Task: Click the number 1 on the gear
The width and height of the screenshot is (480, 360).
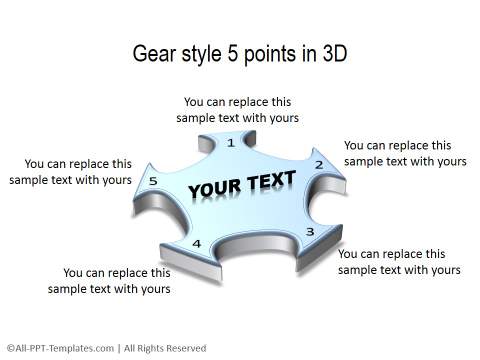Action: (x=231, y=143)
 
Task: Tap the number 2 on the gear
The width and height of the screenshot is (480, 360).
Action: (x=319, y=164)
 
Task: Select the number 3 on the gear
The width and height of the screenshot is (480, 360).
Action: (x=310, y=232)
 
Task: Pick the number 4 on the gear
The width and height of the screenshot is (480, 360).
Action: (x=196, y=244)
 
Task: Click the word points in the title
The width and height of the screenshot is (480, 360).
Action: (x=272, y=55)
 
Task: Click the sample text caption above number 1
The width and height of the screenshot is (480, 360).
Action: (x=238, y=110)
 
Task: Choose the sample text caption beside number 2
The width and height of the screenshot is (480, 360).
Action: (x=404, y=153)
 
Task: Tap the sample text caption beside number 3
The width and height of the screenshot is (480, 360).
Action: (x=399, y=262)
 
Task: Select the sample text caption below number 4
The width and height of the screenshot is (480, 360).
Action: (x=116, y=280)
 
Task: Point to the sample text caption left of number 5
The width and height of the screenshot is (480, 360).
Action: (x=78, y=172)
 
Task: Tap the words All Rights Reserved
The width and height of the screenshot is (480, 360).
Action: (x=165, y=348)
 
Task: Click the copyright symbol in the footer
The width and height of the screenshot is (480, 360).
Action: (x=9, y=348)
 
